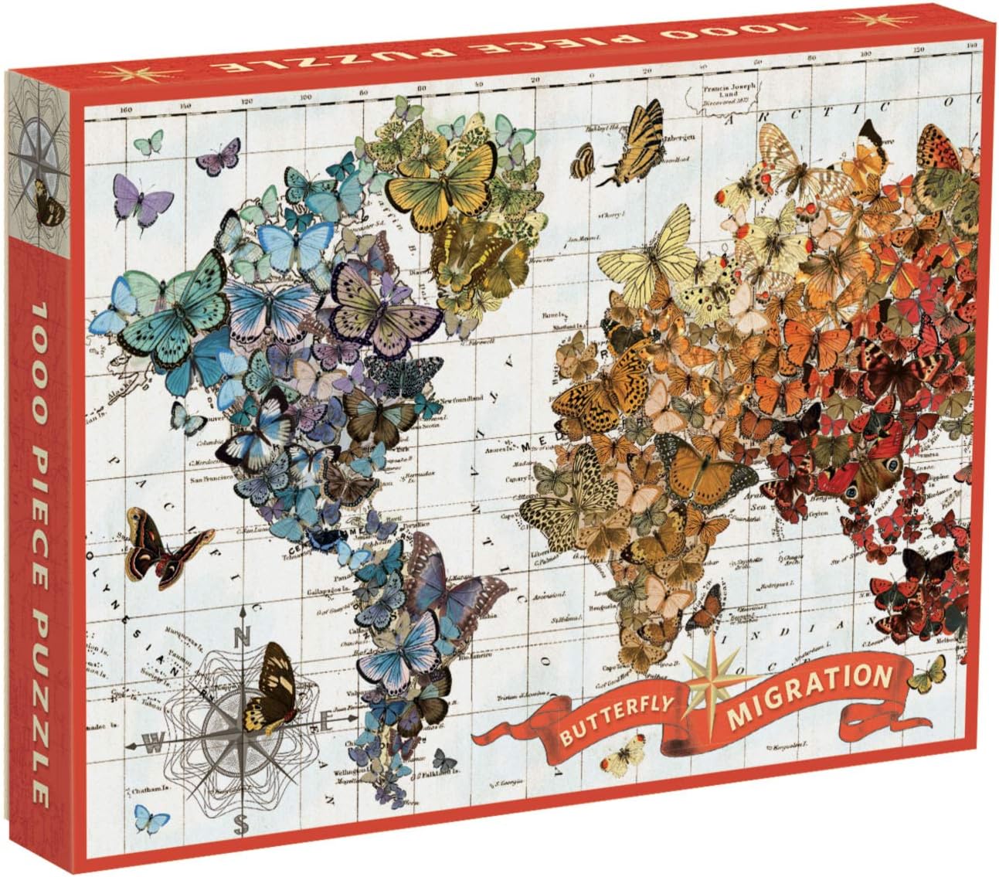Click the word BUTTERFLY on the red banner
pyautogui.click(x=610, y=719)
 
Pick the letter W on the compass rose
pyautogui.click(x=155, y=745)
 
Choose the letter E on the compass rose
pyautogui.click(x=325, y=724)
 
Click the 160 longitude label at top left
pyautogui.click(x=126, y=110)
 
